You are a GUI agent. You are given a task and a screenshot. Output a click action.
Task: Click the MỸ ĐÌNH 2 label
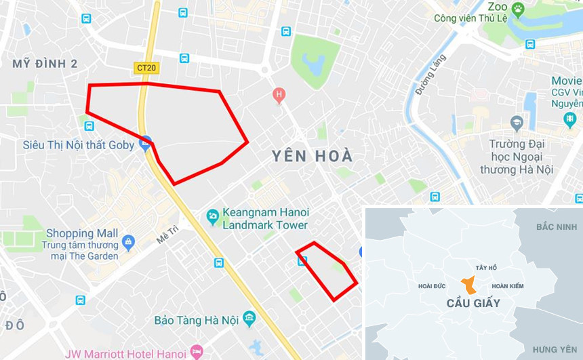click(45, 64)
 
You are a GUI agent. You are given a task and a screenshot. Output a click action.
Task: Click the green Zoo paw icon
click(518, 8)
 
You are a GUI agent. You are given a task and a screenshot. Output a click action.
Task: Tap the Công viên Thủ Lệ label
click(473, 18)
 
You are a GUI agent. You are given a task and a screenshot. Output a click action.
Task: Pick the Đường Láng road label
click(431, 74)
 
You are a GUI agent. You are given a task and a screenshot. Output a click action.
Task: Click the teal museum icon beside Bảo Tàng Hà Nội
click(249, 318)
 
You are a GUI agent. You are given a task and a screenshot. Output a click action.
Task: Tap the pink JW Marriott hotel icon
click(197, 352)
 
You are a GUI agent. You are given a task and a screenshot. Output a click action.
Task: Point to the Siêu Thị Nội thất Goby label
click(78, 144)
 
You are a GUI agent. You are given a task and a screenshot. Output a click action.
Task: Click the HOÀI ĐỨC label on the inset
click(433, 286)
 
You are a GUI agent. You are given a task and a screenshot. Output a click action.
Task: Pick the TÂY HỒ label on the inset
click(486, 268)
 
